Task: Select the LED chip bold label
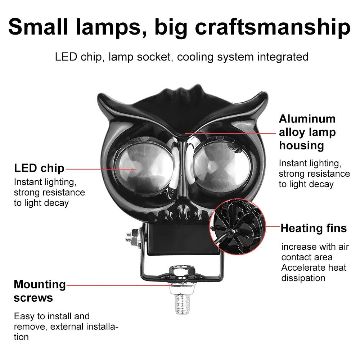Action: click(39, 168)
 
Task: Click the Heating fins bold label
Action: click(314, 228)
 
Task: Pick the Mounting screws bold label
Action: click(40, 291)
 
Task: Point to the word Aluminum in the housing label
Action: click(307, 119)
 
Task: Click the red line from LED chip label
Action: click(101, 168)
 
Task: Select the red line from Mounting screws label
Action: click(119, 285)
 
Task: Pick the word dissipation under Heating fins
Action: click(303, 278)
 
